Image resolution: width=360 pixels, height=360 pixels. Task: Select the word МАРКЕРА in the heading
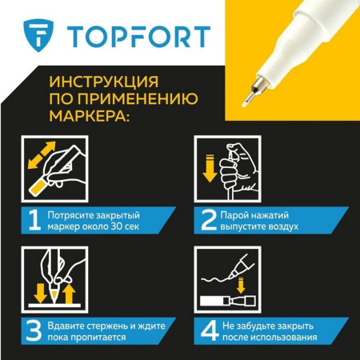[x=90, y=116]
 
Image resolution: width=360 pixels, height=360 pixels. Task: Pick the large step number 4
[x=208, y=329]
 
